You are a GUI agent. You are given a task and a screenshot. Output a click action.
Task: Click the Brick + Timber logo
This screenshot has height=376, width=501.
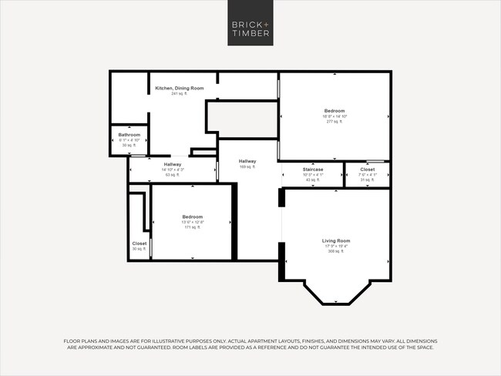point(250,29)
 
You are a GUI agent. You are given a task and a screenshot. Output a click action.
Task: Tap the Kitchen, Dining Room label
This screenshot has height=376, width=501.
point(179,89)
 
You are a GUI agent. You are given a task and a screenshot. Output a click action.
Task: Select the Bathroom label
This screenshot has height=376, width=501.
point(129,135)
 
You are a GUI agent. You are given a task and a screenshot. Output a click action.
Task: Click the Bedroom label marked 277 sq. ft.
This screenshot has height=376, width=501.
point(335,111)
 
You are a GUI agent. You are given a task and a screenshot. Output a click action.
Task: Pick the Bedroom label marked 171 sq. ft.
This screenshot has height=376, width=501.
point(193,217)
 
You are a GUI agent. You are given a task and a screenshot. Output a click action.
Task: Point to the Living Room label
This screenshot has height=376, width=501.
point(336,241)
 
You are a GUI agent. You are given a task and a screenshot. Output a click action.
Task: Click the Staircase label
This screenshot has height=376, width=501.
point(313,169)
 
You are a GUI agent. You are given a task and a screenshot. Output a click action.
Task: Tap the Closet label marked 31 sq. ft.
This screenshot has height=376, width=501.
point(368,169)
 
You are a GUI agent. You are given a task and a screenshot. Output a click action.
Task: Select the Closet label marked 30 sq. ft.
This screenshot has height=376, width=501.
point(140,243)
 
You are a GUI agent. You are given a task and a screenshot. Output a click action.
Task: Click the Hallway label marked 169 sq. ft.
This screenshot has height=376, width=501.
point(247,161)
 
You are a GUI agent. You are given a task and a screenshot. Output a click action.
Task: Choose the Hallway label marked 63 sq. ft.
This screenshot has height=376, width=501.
point(173,164)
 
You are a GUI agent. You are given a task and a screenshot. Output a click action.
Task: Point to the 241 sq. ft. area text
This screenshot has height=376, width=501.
point(179,94)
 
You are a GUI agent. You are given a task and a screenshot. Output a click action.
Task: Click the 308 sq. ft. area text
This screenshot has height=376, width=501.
point(336,251)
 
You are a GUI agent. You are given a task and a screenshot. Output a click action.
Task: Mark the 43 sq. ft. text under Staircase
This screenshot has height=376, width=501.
point(313,180)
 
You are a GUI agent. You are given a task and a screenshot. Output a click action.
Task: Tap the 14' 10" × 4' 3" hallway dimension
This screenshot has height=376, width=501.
point(173,170)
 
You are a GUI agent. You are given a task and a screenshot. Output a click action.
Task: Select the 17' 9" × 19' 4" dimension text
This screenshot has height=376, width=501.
point(336,247)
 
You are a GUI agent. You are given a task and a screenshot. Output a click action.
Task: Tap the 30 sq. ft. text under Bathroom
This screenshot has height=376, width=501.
point(129,145)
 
